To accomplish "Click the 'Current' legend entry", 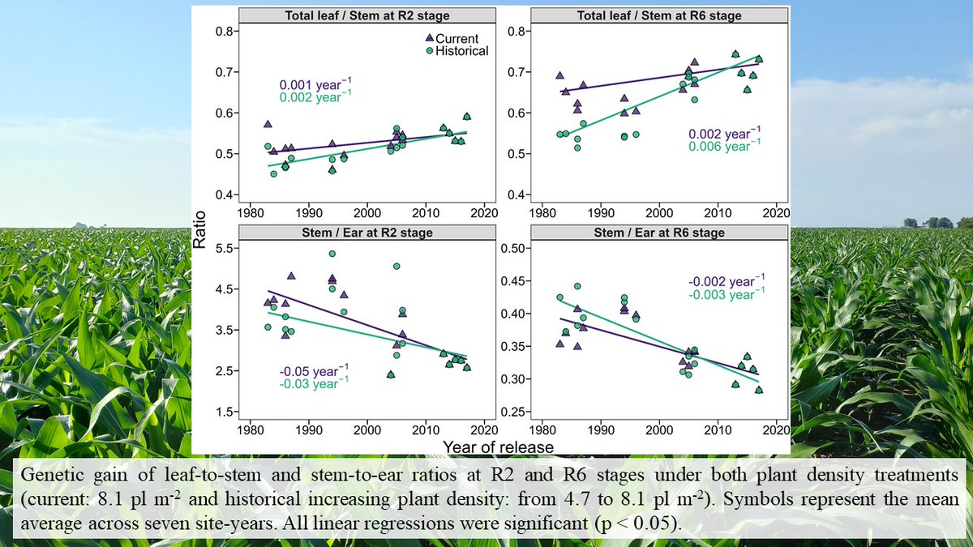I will [x=456, y=38].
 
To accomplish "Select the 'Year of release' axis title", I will [x=499, y=447].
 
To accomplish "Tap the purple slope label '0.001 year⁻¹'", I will [x=315, y=84].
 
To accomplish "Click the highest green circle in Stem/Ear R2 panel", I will [x=332, y=254].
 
